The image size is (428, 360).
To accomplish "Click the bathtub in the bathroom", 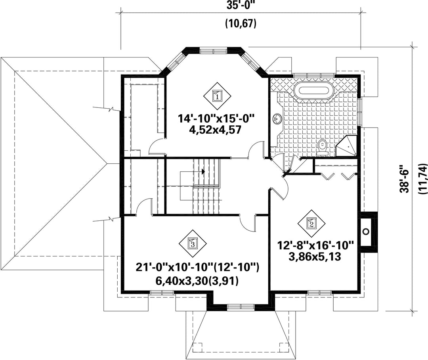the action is coord(313,91).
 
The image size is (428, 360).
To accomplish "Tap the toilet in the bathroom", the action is coord(322,147).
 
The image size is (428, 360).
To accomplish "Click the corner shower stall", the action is coord(347,146).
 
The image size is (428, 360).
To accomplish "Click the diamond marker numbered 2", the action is coord(311,224).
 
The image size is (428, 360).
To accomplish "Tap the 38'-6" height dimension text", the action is coord(405,182).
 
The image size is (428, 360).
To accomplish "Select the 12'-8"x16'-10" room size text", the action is coord(315,245).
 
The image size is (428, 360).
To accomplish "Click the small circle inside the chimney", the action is coord(365,232).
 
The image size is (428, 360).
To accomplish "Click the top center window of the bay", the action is coord(214,51).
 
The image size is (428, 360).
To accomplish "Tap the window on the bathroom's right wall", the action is coord(360,111).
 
